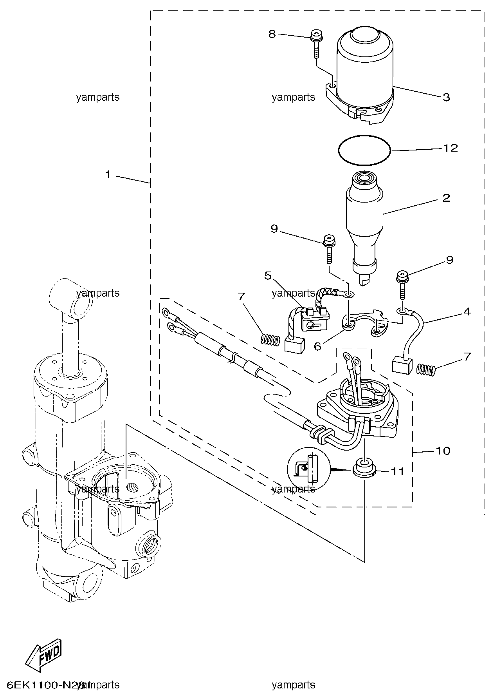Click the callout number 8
[x=272, y=34]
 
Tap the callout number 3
[x=447, y=97]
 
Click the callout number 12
[x=451, y=148]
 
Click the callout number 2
[x=446, y=198]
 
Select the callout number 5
[x=268, y=276]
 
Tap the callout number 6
[x=317, y=346]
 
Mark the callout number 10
[x=443, y=451]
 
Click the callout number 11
[x=398, y=471]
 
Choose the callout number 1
[x=108, y=174]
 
